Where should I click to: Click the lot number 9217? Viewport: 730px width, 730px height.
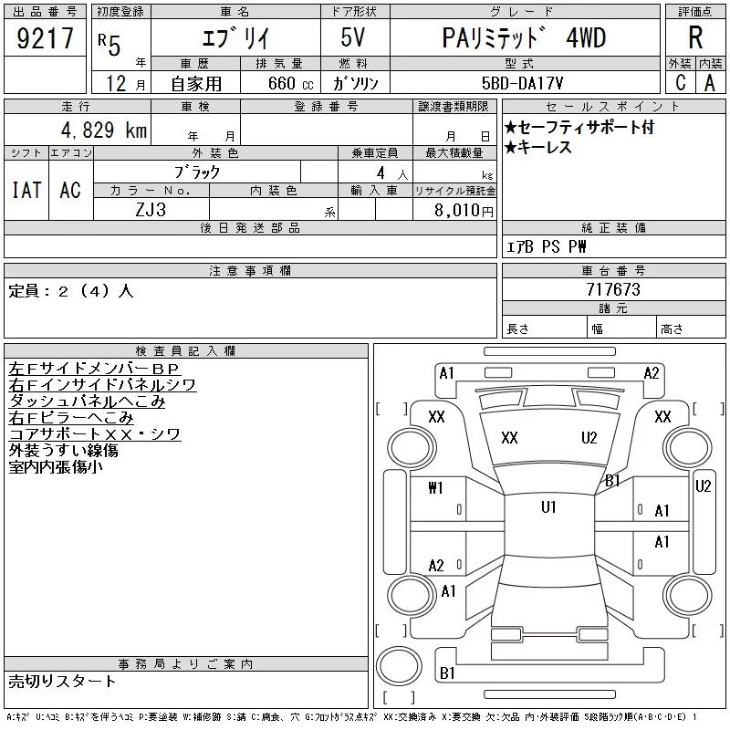45,38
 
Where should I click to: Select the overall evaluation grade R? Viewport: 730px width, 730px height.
695,38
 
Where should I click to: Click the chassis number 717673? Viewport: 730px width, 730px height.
612,289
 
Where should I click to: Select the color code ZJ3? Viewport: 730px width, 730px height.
151,210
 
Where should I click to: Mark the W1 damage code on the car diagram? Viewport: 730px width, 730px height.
435,488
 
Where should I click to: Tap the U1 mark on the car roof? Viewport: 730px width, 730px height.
548,507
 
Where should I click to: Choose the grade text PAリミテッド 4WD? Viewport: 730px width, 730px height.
523,38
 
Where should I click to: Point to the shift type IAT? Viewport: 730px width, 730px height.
26,190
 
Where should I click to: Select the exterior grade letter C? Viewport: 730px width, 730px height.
680,83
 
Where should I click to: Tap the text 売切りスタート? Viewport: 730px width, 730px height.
63,681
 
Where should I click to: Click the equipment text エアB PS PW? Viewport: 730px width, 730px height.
547,247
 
